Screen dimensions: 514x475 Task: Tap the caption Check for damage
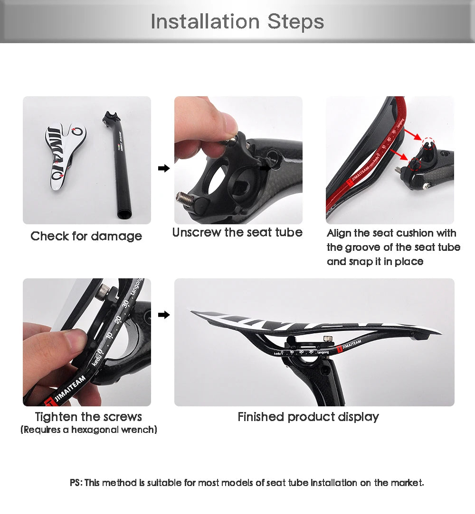pos(86,236)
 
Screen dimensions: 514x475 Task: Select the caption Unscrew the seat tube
pos(237,232)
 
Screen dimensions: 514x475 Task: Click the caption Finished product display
pos(308,417)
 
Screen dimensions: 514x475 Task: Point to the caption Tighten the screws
pos(88,417)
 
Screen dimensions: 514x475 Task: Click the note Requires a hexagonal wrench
pos(89,430)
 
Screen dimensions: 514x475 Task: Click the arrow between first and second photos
pos(163,168)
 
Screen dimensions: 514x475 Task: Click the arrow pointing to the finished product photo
pos(163,315)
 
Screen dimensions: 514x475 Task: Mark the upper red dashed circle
pos(429,142)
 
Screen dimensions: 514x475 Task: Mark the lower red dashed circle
pos(414,164)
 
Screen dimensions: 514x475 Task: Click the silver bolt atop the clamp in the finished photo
pos(326,339)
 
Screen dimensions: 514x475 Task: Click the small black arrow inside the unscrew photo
pos(266,167)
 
